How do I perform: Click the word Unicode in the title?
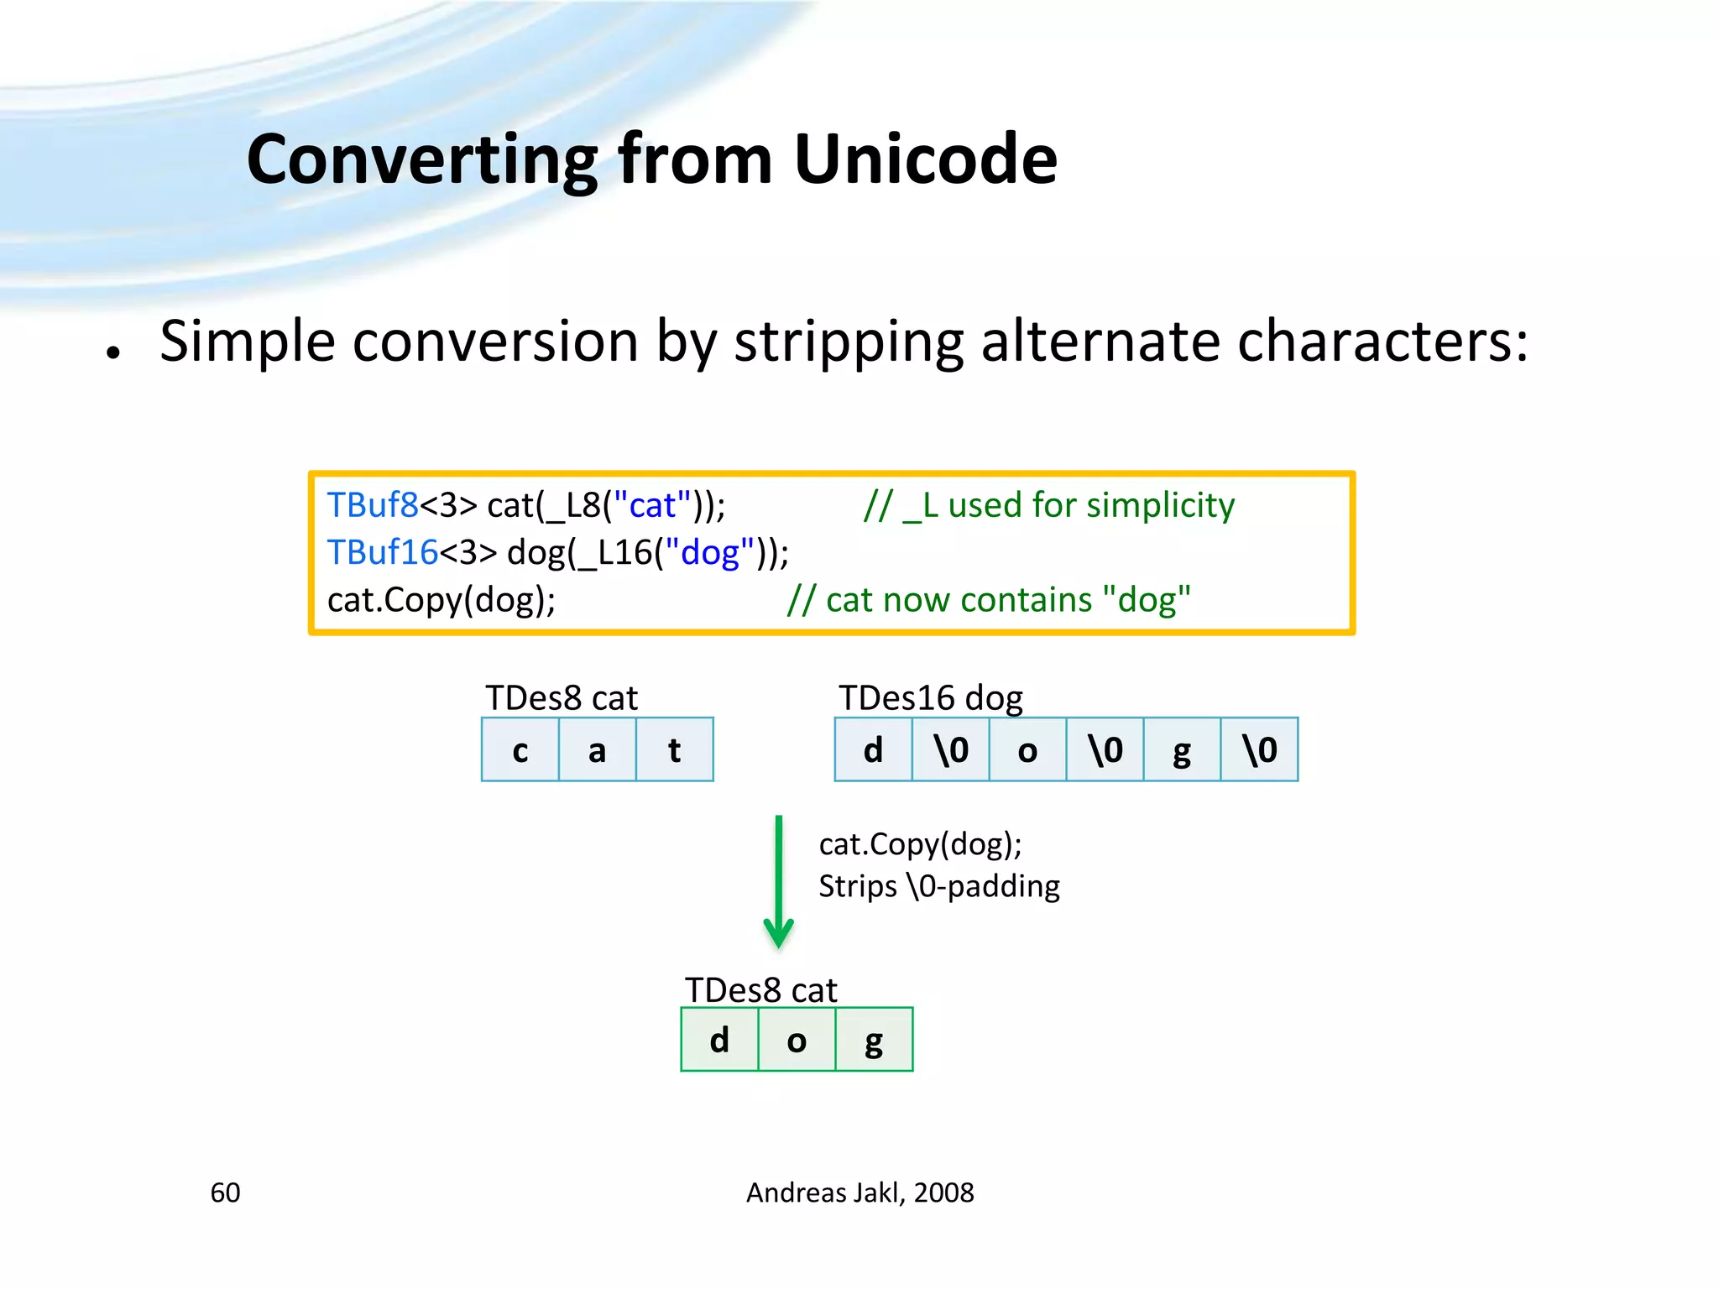(925, 159)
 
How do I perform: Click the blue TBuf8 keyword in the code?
(372, 505)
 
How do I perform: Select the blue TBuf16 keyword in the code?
(382, 553)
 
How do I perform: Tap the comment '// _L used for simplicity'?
(1049, 505)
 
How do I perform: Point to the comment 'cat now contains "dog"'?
(989, 600)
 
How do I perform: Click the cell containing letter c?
(520, 749)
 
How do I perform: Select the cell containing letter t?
(675, 749)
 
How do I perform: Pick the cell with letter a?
(598, 749)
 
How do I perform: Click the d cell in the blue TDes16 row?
(873, 749)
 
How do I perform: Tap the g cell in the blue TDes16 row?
(1182, 749)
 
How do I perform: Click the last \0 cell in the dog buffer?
(1259, 749)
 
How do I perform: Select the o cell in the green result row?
(797, 1040)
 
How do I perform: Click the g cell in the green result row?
(874, 1040)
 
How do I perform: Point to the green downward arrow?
(779, 881)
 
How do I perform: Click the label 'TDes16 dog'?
(930, 698)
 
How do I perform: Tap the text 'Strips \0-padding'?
(938, 886)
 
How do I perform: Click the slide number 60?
(225, 1192)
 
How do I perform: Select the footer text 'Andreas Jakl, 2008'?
(859, 1192)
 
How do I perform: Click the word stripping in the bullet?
(849, 342)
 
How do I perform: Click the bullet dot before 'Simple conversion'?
(113, 352)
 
